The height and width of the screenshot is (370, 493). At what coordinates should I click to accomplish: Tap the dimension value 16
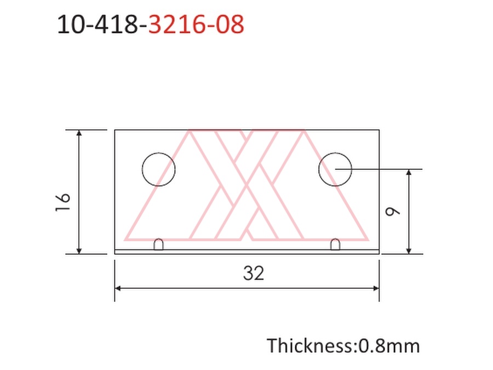click(x=62, y=202)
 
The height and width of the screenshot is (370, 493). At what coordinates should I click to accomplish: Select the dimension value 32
click(x=254, y=273)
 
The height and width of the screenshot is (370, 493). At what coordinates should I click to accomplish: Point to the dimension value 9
click(x=392, y=211)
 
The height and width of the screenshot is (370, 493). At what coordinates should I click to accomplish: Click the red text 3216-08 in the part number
click(x=196, y=24)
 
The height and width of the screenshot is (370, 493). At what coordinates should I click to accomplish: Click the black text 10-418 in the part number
click(x=98, y=24)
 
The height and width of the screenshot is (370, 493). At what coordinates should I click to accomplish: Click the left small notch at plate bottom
click(x=158, y=244)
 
